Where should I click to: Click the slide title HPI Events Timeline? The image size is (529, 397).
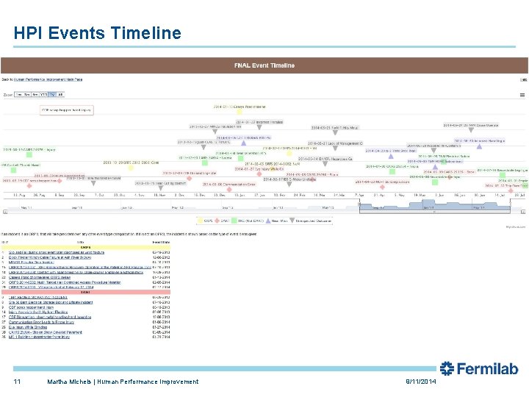(x=97, y=33)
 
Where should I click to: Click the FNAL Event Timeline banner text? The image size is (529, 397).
(x=264, y=65)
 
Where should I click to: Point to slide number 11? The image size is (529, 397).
(x=17, y=382)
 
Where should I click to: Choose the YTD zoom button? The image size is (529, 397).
(x=43, y=95)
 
